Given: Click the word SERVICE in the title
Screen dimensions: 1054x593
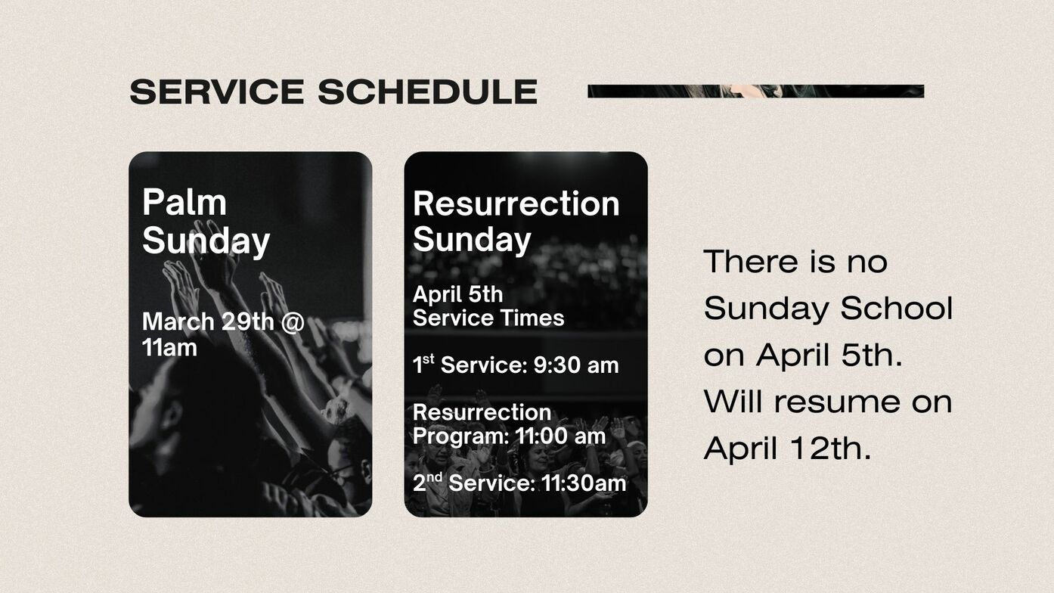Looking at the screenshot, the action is [x=217, y=92].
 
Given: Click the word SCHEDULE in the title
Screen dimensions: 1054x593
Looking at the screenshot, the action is [x=428, y=92].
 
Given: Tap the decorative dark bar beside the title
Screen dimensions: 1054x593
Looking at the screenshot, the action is [x=755, y=92].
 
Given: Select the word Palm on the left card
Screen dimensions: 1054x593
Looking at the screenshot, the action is [x=184, y=203].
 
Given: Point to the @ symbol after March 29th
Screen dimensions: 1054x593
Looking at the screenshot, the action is [x=293, y=322].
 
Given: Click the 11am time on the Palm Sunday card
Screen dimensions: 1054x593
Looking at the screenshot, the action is [x=169, y=348].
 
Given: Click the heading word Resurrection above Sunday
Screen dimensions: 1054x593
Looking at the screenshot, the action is [x=516, y=203].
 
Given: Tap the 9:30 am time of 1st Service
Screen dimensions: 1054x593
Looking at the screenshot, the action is [x=576, y=365].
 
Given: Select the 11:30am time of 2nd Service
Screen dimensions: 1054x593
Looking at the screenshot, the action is [x=584, y=483].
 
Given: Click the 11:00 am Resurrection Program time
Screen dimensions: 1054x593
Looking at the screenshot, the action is [x=560, y=436].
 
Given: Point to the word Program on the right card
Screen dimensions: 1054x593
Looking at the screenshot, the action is [x=460, y=437].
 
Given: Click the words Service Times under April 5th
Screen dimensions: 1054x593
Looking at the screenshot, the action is [x=488, y=318].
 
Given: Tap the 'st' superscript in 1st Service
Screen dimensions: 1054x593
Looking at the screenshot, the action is [x=429, y=360].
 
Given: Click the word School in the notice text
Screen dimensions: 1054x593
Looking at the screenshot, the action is [x=897, y=309].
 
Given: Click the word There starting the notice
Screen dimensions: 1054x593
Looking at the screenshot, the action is [x=756, y=262].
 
